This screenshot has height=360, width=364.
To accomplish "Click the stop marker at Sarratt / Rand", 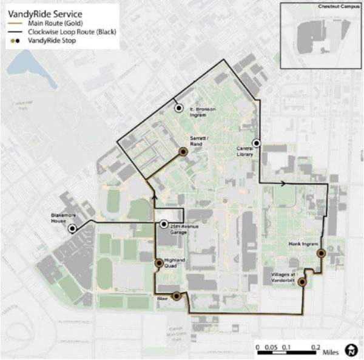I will tap(182, 152).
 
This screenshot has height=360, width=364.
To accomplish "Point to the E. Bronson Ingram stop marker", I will tap(178, 107).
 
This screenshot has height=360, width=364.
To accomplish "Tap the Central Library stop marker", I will tap(257, 143).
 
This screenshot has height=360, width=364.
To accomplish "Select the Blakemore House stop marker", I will tap(72, 229).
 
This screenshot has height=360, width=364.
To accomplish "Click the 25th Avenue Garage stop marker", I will tap(163, 225).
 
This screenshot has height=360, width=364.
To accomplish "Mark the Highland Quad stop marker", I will tap(159, 263).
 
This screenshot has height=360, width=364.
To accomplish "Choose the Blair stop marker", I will tap(176, 296).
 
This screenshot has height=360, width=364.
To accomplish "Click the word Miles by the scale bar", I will tap(330, 352).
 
